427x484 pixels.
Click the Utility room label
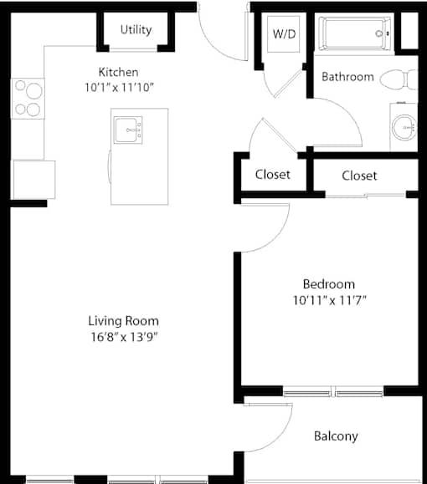136,30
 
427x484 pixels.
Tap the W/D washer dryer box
284,34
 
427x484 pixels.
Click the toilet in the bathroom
399,79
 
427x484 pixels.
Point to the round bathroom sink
404,128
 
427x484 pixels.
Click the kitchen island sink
128,130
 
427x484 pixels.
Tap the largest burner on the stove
34,91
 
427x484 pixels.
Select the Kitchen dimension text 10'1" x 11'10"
119,88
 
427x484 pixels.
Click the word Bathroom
347,77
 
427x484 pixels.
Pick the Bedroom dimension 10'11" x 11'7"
330,300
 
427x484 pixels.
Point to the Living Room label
123,321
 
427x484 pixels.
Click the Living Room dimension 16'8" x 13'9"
124,337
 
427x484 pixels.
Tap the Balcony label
336,436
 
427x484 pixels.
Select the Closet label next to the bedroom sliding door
359,176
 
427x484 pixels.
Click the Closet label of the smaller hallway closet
273,175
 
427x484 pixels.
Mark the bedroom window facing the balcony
333,391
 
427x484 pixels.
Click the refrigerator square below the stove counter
34,180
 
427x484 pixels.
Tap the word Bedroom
329,284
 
